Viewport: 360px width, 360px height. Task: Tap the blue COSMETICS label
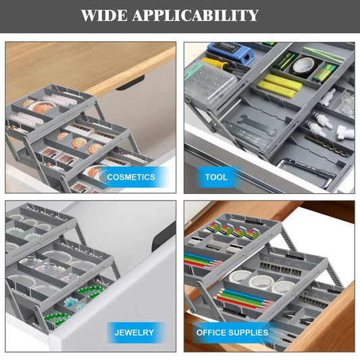click(x=131, y=177)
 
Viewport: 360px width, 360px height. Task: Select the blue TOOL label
click(x=216, y=178)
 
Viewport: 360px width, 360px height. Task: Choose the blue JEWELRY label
click(x=134, y=332)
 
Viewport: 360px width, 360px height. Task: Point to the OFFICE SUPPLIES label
click(x=232, y=332)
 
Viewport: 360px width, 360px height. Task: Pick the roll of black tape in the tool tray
click(x=303, y=66)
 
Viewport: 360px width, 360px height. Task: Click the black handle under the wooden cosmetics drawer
click(x=130, y=83)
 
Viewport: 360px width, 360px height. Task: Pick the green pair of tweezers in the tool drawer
click(x=323, y=55)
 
